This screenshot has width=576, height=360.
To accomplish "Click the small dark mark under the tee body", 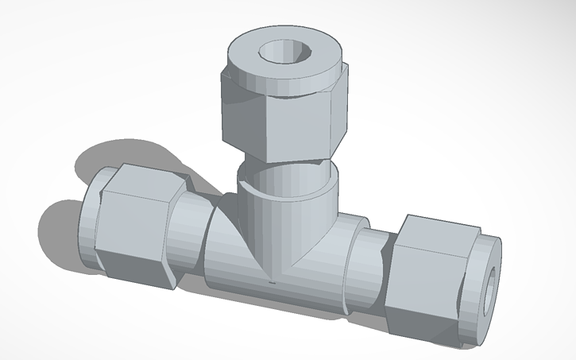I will tap(272, 281).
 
